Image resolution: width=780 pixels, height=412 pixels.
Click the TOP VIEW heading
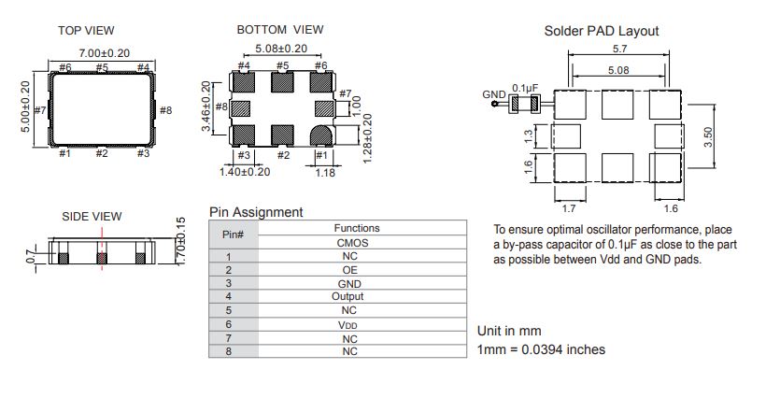86,31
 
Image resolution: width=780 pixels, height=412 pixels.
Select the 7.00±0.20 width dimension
105,53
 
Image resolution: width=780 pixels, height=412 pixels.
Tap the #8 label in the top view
165,110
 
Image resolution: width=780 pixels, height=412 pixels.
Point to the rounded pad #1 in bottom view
321,135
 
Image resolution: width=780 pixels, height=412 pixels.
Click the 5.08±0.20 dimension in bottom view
281,49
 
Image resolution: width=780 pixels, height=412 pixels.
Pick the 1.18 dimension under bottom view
325,173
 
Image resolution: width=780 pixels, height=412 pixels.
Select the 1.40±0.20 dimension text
245,172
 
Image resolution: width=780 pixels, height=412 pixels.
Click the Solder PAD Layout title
602,32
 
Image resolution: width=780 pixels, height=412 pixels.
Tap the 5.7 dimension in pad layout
620,49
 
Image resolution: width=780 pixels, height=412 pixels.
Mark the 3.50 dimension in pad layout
708,136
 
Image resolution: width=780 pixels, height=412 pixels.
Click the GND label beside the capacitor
494,94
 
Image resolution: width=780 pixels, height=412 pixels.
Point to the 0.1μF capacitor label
525,88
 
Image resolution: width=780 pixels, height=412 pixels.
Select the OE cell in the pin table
349,270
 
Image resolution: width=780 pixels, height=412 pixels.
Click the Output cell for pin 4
347,296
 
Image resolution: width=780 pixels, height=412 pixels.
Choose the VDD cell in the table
347,325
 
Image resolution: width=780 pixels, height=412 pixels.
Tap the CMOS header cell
353,243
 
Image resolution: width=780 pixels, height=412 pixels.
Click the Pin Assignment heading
256,212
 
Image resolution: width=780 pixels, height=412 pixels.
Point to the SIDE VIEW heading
92,217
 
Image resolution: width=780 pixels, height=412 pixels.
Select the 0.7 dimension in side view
31,257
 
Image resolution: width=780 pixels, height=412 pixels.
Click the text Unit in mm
509,332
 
